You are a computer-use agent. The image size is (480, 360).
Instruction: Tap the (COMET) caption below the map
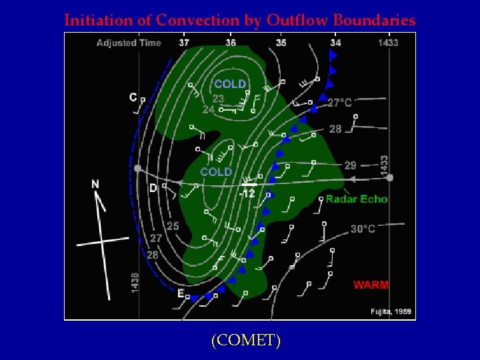(245, 340)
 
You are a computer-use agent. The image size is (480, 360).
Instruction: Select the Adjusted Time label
(129, 43)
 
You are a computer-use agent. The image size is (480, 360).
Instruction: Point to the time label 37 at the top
(184, 43)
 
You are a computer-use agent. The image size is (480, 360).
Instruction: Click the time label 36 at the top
(231, 43)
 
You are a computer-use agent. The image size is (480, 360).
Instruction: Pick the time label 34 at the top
(335, 43)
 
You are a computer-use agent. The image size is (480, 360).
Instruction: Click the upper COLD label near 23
(230, 84)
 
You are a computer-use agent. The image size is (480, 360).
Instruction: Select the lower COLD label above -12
(216, 172)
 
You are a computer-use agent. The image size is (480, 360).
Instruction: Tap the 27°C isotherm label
(339, 103)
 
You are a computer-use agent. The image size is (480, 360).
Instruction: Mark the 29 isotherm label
(351, 165)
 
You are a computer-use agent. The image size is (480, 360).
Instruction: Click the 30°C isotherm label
(363, 229)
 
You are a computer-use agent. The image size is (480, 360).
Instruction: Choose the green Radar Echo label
(356, 199)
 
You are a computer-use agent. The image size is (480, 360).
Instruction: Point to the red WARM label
(371, 285)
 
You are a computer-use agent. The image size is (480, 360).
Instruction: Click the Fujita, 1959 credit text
(391, 311)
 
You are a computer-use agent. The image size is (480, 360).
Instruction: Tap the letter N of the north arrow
(95, 184)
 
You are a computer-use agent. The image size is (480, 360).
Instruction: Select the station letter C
(133, 97)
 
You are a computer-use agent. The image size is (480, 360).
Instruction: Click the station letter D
(153, 189)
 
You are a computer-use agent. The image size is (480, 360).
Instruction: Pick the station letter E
(181, 293)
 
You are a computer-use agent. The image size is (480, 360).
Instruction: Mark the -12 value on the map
(247, 194)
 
